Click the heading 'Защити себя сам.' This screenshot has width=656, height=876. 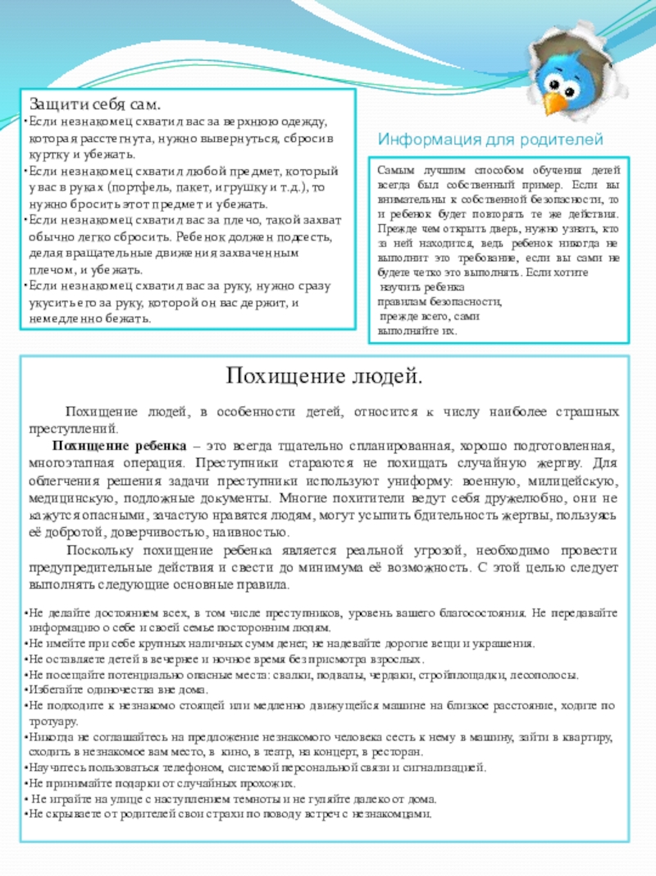coord(96,105)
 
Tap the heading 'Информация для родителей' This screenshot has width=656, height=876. coord(490,139)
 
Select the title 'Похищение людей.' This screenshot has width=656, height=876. coord(325,377)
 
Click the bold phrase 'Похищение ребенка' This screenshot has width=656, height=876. coord(120,445)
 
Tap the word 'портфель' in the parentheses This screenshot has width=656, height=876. coord(163,187)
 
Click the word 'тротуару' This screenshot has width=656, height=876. coord(52,722)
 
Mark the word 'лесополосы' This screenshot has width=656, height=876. coord(546,676)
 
